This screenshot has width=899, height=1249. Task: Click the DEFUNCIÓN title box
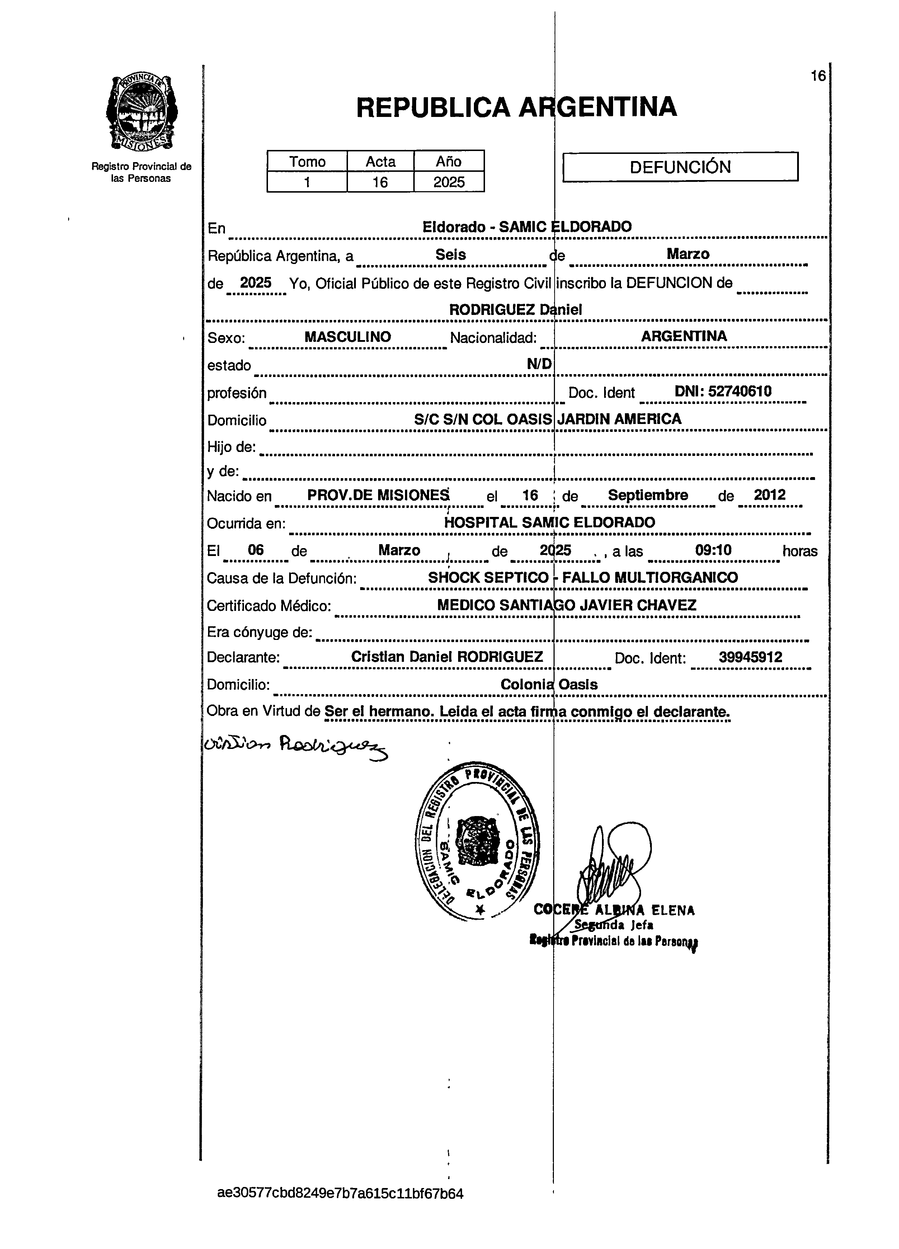680,167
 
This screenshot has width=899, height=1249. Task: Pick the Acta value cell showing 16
380,182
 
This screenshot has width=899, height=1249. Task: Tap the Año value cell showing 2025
448,182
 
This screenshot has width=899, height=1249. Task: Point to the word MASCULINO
348,336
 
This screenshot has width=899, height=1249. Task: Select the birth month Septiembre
648,495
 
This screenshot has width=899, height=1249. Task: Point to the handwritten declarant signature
295,746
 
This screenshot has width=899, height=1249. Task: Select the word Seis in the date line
451,254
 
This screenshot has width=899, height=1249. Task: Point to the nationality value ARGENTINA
684,336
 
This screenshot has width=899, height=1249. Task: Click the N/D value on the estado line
539,363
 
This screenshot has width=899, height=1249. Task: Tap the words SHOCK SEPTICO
488,577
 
